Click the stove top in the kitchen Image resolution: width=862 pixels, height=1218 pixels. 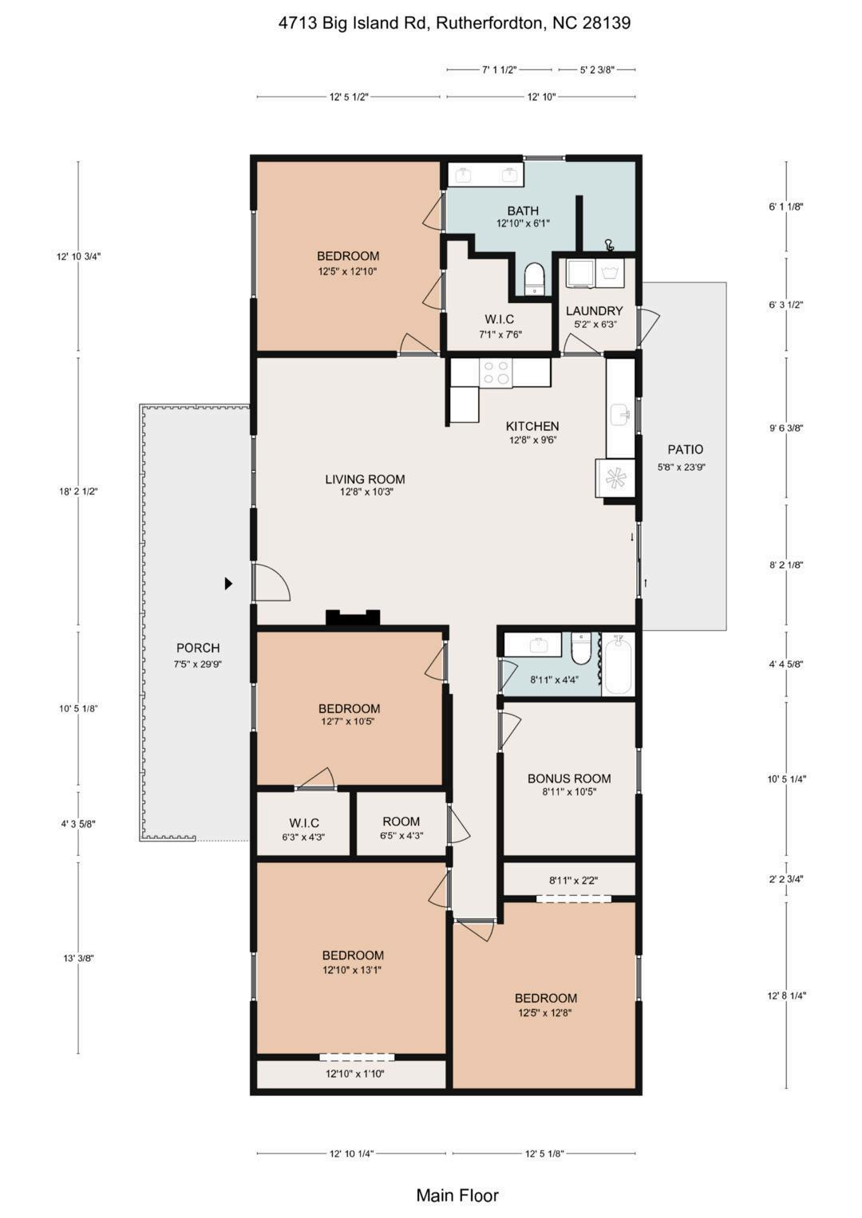(x=496, y=372)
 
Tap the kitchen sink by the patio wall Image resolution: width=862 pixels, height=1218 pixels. (x=620, y=414)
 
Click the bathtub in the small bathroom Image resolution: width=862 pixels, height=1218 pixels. (x=618, y=665)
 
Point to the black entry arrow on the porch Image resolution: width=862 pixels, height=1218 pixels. (x=228, y=583)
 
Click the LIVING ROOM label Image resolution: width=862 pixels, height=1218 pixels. (x=365, y=479)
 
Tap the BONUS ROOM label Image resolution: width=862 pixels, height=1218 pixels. (x=569, y=778)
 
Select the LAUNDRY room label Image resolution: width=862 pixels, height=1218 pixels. (x=595, y=311)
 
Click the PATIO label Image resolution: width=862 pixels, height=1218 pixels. (x=685, y=449)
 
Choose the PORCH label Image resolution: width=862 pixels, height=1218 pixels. (x=198, y=648)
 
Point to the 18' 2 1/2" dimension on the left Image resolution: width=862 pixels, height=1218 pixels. (x=78, y=491)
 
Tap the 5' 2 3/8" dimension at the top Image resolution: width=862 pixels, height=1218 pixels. (x=597, y=69)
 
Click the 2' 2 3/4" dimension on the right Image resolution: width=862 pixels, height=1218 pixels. (x=786, y=879)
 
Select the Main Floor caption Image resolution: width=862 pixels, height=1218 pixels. (x=457, y=1195)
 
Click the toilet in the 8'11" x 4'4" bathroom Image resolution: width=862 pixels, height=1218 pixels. (x=582, y=648)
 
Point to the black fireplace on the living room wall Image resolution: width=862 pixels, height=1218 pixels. (x=353, y=617)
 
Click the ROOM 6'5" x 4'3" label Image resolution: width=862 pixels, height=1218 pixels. (x=401, y=828)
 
